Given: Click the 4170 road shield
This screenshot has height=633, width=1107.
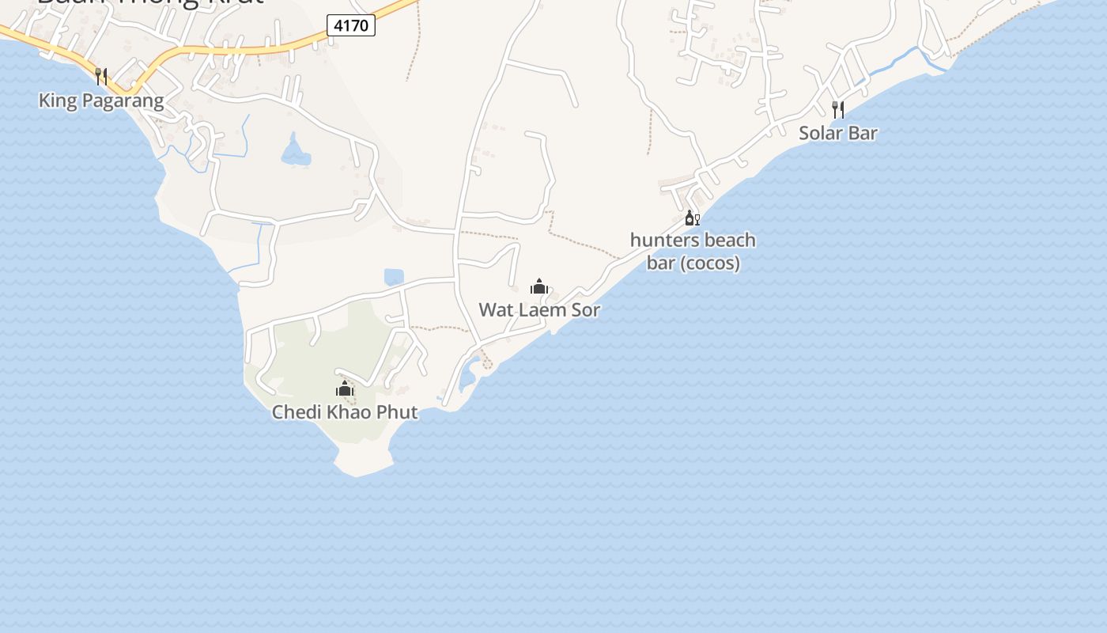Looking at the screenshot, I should pos(351,25).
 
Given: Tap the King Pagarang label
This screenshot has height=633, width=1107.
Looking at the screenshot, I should pos(101,100).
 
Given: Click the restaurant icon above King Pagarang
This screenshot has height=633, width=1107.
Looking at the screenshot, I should pos(101,77).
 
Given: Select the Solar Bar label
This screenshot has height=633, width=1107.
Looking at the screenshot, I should pos(838,133).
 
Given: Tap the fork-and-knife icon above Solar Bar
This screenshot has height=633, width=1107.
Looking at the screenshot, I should pos(838,109).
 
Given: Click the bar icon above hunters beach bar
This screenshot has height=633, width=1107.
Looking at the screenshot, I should pos(692,218).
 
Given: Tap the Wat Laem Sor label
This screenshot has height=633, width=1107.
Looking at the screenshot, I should pos(539,309).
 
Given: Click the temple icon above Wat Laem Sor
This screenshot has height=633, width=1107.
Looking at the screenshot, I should pos(539,286).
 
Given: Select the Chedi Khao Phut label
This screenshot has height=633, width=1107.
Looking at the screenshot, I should pos(345,411).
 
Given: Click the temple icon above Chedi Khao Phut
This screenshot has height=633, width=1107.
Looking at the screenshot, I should pos(345,389).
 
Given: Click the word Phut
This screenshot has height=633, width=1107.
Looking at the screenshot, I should pos(398,411).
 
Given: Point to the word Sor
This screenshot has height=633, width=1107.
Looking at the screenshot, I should pos(585,309).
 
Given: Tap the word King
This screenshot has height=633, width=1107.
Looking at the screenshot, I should pos(56,100).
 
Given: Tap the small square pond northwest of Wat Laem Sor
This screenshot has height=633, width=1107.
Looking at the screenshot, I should pos(394,277).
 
